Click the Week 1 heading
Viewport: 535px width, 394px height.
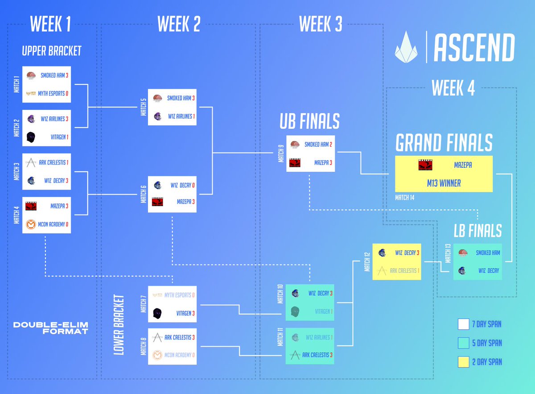point(50,25)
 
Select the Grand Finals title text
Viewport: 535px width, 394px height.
point(444,142)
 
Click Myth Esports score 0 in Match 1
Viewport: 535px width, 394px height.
point(67,93)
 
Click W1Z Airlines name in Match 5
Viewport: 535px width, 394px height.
point(180,116)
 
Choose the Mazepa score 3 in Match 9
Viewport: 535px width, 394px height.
point(331,163)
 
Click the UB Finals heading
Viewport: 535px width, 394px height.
point(309,121)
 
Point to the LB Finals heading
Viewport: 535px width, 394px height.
point(477,231)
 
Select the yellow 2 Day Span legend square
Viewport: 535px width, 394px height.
point(463,361)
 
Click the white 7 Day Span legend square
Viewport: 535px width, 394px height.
point(463,324)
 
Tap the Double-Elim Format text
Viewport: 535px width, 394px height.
point(50,328)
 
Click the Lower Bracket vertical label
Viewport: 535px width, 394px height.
point(118,324)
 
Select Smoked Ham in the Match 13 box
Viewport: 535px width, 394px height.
point(487,253)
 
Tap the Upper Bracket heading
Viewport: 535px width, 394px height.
point(52,51)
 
